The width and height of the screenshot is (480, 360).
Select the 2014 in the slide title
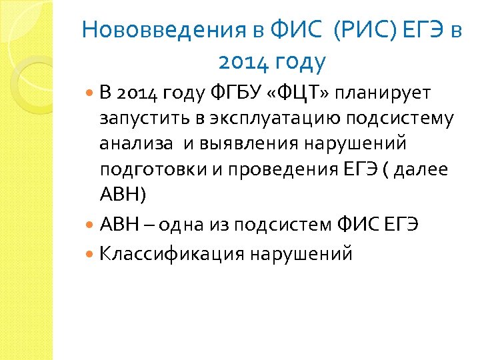243,63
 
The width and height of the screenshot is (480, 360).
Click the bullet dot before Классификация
91,254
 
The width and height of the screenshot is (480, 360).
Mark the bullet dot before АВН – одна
91,225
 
